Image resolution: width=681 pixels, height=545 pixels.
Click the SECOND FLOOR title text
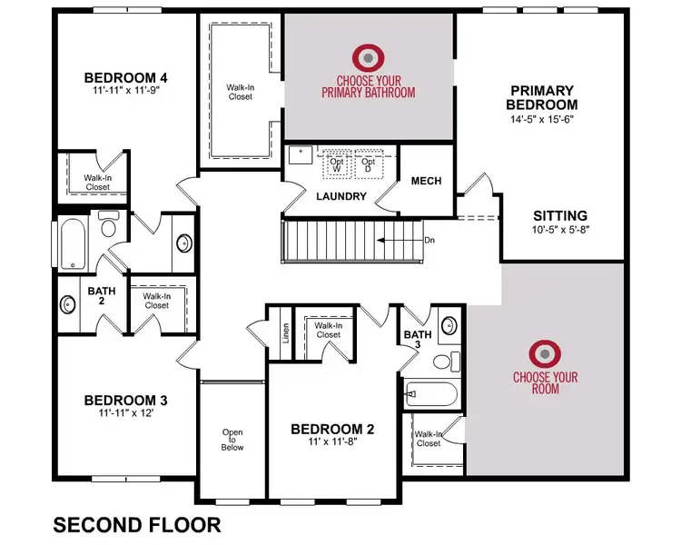coord(137,524)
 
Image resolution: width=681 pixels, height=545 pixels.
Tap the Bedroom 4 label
coord(126,76)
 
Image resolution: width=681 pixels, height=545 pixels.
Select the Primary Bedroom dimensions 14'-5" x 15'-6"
coord(541,118)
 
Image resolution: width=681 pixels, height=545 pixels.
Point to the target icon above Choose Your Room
coord(545,352)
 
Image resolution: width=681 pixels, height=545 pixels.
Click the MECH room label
coord(426,181)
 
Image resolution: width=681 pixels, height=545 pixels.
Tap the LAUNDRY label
coord(341,196)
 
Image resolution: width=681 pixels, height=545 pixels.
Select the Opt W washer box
coord(337,163)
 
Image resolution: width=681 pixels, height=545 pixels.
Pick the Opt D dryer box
coord(368,163)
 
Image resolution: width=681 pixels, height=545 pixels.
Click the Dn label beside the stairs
coord(429,241)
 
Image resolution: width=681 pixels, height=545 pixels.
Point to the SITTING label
coord(559,216)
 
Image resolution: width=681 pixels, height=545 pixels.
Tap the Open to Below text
coord(232,441)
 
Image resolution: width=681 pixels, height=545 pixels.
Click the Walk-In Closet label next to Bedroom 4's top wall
coord(241,92)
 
